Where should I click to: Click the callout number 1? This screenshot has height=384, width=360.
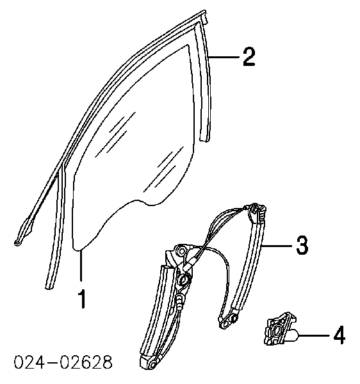tap(83, 298)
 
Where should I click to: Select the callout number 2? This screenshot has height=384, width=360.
tap(249, 57)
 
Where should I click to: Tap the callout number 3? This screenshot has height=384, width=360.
tap(302, 245)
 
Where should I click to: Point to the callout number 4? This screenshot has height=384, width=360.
tap(340, 335)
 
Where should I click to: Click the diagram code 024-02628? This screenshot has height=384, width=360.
tap(63, 362)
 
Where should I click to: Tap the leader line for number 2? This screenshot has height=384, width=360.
tap(224, 57)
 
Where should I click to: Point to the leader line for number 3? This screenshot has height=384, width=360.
tap(277, 245)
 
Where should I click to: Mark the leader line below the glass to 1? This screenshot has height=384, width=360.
tap(80, 265)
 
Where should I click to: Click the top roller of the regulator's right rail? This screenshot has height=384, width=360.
tap(257, 211)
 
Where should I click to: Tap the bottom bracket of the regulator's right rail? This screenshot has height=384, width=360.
tap(227, 319)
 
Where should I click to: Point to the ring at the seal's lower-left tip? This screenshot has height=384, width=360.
tap(17, 243)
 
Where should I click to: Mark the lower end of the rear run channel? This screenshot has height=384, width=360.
tap(204, 140)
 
